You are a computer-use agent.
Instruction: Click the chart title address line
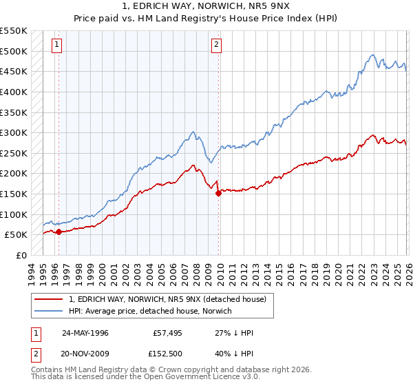point(206,6)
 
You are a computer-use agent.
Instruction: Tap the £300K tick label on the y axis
point(14,132)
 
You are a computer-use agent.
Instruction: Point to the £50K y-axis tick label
point(16,234)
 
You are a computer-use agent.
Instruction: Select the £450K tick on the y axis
point(14,71)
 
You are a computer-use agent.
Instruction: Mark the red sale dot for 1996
point(59,232)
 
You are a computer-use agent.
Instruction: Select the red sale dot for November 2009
point(218,193)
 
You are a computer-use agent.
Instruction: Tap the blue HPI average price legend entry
point(150,311)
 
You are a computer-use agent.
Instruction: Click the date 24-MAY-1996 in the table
point(87,333)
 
